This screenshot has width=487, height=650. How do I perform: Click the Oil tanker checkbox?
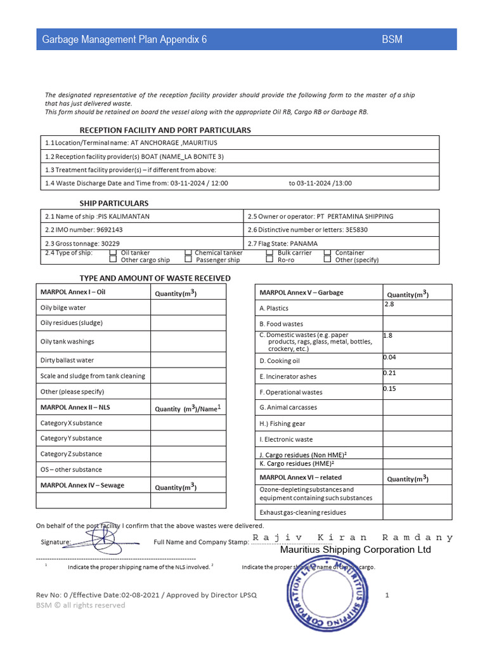coord(113,253)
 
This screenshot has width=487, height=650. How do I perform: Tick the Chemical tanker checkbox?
coord(188,253)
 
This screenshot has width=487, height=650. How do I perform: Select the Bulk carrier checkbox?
coord(269,253)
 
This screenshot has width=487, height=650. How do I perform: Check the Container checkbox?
coord(328,253)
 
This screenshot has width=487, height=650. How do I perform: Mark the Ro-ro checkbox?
coord(269,260)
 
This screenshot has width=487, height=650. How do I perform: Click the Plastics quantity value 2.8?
coord(389,305)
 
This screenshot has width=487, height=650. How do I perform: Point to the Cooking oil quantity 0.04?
coord(390,357)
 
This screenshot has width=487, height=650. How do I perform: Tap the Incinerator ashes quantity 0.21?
coord(390,373)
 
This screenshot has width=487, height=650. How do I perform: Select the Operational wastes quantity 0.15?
coord(390,388)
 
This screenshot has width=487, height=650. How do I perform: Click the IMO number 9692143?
coord(110,230)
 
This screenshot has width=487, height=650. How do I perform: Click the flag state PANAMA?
coord(304,244)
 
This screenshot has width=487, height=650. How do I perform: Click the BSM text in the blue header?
coord(392,40)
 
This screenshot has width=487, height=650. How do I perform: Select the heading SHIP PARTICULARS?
coord(114,203)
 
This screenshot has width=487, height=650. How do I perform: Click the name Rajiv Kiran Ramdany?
coord(353,538)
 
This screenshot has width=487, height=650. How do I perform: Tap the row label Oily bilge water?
coord(63,308)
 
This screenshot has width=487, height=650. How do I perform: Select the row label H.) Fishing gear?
coord(282,423)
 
